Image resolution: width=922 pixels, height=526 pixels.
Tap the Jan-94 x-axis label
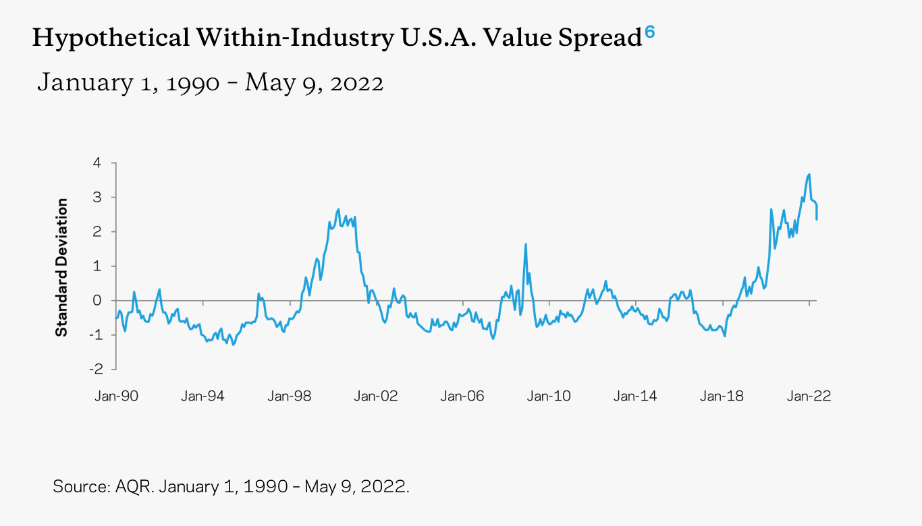202,396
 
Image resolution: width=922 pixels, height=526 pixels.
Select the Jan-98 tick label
289,396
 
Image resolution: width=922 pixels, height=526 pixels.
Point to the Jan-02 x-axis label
375,396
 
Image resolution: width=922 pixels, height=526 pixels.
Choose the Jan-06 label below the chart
462,396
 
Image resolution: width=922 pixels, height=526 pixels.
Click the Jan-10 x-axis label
549,396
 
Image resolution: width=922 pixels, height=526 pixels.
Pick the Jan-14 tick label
635,396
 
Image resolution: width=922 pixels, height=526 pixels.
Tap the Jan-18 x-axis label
722,396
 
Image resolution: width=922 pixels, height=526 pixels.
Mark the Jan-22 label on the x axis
809,396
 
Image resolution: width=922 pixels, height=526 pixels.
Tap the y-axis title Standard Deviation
62,267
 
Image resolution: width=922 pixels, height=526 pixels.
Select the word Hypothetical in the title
111,39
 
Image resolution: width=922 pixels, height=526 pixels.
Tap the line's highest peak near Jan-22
809,175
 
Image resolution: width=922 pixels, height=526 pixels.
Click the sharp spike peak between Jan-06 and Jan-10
525,244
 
